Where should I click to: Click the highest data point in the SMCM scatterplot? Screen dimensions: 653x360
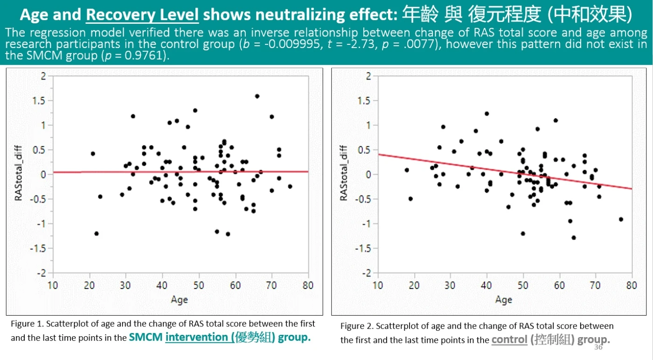[x=257, y=96]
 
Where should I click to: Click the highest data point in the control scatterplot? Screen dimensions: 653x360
[x=487, y=114]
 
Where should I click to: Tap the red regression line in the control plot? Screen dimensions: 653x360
[x=505, y=172]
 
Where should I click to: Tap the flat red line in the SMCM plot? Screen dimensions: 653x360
[x=181, y=172]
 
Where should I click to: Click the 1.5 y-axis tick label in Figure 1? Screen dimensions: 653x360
[x=39, y=101]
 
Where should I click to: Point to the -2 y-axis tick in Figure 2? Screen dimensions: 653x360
[x=366, y=273]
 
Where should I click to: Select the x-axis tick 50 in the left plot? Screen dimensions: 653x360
[x=199, y=285]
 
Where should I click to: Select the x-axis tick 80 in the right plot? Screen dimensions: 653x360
[x=632, y=285]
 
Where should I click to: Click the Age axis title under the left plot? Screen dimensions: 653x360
[x=179, y=300]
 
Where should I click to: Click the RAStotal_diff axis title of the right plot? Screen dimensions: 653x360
[x=344, y=173]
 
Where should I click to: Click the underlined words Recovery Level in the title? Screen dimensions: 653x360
[x=142, y=14]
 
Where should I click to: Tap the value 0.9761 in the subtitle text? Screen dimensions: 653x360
[x=144, y=55]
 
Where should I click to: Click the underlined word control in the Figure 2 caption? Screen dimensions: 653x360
[x=509, y=339]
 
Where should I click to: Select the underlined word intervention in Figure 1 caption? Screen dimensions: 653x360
[x=196, y=337]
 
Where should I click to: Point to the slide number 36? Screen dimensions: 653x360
[x=598, y=347]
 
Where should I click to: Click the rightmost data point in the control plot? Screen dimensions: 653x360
[x=621, y=219]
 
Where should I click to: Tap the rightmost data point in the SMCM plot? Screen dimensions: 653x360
[x=290, y=186]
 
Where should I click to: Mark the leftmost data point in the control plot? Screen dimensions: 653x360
[x=407, y=170]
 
